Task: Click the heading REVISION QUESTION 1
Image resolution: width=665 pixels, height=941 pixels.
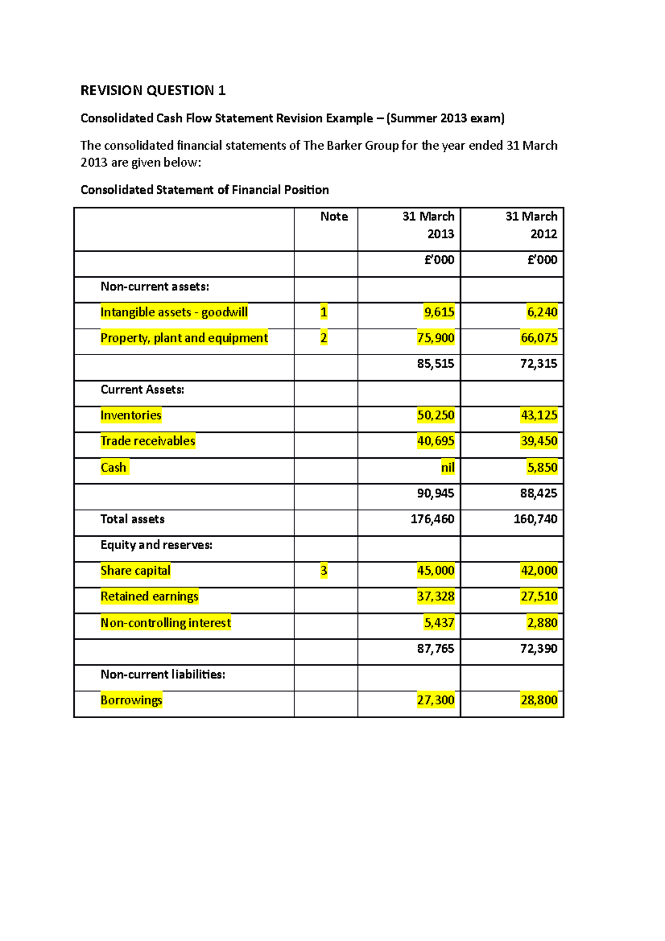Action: pos(153,90)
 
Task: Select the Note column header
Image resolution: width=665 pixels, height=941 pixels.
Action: pos(334,217)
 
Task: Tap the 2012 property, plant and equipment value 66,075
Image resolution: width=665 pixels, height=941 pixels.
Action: pos(539,338)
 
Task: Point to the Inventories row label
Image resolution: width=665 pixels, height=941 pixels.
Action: pos(131,415)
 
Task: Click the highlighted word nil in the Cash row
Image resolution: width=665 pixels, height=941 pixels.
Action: pos(447,468)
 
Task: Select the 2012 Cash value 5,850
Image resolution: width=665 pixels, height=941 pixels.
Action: pos(542,468)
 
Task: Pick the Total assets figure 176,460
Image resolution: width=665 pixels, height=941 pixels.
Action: pos(432,519)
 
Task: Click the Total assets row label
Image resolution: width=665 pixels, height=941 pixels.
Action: pos(132,519)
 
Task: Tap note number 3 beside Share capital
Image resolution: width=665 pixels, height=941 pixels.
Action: pos(324,571)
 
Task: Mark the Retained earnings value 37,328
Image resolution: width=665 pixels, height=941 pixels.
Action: pos(436,597)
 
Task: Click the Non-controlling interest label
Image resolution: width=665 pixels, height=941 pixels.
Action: pos(166,623)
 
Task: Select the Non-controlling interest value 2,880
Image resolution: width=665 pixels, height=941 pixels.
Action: pos(542,623)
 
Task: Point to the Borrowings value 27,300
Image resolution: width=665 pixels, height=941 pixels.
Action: pos(436,700)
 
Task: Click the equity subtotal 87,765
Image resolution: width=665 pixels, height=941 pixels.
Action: pos(436,649)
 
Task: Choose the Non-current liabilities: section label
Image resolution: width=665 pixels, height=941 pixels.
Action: pos(163,674)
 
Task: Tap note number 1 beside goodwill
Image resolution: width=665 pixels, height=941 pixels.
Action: pos(324,313)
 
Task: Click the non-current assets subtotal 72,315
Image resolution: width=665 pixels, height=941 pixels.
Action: pos(539,364)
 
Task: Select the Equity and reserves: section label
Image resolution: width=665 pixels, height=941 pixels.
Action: pos(156,545)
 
